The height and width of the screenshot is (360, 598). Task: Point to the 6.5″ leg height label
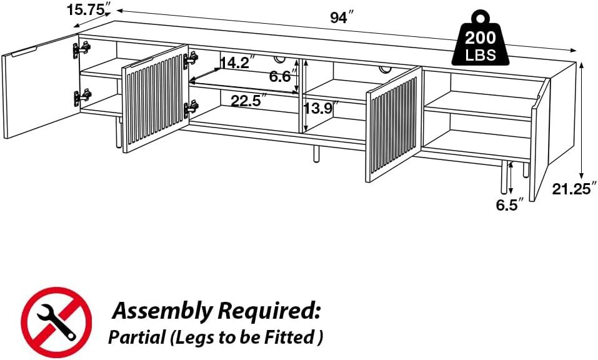[509, 205]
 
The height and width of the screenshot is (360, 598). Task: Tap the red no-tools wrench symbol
[56, 322]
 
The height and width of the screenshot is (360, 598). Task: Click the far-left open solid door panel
[41, 86]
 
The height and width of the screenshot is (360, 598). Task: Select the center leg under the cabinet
[316, 153]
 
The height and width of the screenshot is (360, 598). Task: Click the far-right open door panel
[539, 139]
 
